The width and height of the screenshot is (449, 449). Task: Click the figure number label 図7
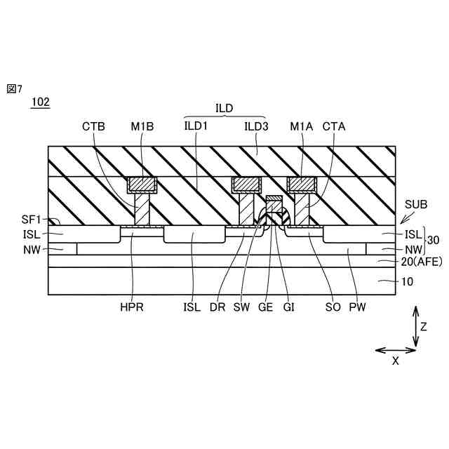pyautogui.click(x=15, y=88)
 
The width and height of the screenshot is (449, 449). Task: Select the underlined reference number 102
pyautogui.click(x=41, y=102)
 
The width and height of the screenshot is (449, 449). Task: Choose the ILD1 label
pyautogui.click(x=196, y=126)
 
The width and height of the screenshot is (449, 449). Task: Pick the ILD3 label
pyautogui.click(x=256, y=126)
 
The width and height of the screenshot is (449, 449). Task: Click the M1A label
pyautogui.click(x=302, y=126)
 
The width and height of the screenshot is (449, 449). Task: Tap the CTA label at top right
pyautogui.click(x=334, y=126)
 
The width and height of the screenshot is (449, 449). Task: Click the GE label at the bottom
pyautogui.click(x=266, y=307)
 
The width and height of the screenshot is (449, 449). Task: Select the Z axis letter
pyautogui.click(x=424, y=327)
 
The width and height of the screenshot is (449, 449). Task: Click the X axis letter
pyautogui.click(x=396, y=361)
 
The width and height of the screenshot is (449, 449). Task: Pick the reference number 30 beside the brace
pyautogui.click(x=434, y=240)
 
